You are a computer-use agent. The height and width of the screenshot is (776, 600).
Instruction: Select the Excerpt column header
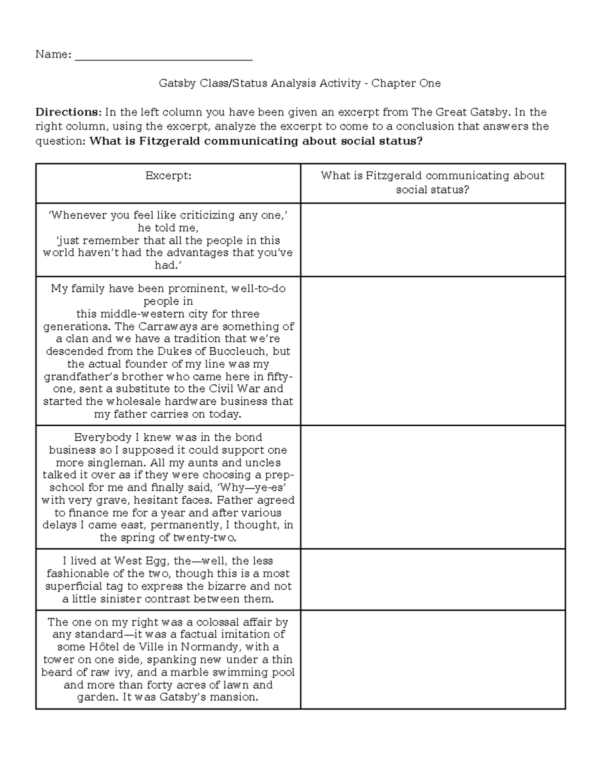168,176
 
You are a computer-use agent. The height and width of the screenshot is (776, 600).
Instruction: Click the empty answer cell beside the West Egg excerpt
432,580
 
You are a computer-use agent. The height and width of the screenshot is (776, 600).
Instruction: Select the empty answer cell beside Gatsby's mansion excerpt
432,659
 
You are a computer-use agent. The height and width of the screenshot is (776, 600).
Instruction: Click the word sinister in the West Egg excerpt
125,599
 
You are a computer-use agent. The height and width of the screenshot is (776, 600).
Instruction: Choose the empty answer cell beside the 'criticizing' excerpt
432,240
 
